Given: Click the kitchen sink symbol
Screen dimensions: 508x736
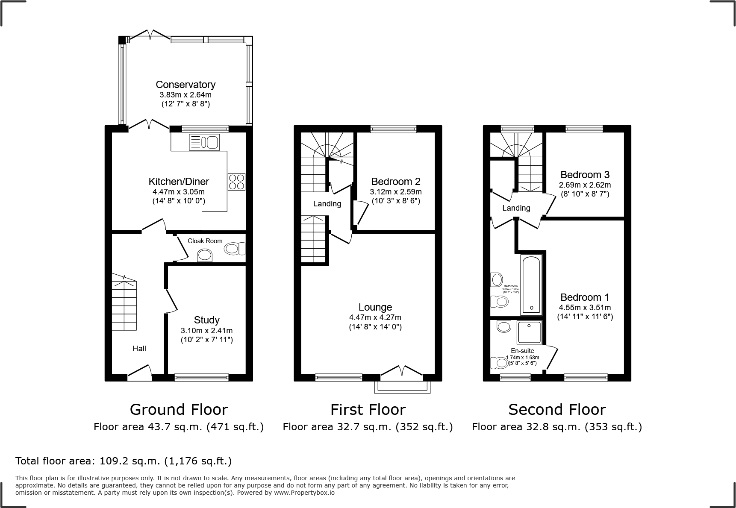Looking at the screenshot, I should [204, 142].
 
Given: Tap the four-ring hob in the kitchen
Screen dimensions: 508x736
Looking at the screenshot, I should [236, 182].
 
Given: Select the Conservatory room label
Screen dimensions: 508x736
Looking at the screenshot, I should [185, 85].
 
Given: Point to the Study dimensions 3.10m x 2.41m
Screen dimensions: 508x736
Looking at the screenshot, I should [206, 331].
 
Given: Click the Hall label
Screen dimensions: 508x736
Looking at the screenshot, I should [139, 349].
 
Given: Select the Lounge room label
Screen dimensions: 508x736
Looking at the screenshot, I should [375, 307].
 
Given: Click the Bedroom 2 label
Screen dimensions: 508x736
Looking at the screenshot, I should [396, 181].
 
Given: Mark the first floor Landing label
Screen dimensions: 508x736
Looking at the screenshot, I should [327, 204].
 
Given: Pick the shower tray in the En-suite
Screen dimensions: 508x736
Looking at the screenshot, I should [530, 333].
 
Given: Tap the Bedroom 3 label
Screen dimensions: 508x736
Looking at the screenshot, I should [585, 175].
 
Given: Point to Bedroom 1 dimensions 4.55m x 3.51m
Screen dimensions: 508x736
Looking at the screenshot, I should [585, 308].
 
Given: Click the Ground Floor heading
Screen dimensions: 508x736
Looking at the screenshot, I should [179, 410].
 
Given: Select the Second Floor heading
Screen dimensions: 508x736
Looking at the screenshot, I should [557, 410].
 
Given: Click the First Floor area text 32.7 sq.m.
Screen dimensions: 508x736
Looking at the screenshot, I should [368, 427].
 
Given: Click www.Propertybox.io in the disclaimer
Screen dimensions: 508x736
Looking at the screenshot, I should [304, 493].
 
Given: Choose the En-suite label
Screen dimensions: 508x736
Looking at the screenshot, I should [522, 351].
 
